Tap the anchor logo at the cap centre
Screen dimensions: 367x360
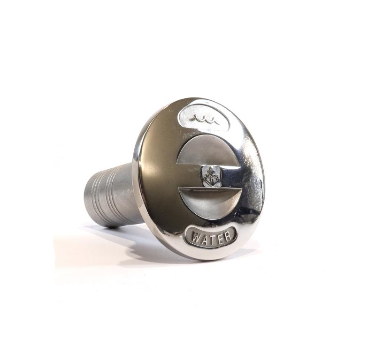pyautogui.click(x=211, y=177)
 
